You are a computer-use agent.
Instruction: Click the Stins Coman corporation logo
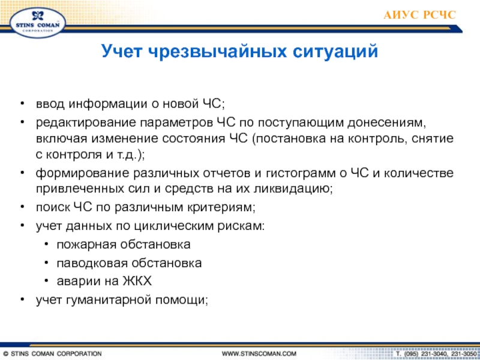click(x=38, y=23)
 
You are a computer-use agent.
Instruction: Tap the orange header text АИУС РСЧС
click(x=419, y=14)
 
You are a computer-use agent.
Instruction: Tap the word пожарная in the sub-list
click(x=86, y=245)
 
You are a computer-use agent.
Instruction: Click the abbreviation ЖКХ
click(x=137, y=281)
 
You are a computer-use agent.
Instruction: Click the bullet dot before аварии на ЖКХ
click(x=46, y=281)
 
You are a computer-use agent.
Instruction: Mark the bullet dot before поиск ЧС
click(x=22, y=207)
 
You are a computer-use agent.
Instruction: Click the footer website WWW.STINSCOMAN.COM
click(x=259, y=354)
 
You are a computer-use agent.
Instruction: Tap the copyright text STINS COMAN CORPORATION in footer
click(x=56, y=354)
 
